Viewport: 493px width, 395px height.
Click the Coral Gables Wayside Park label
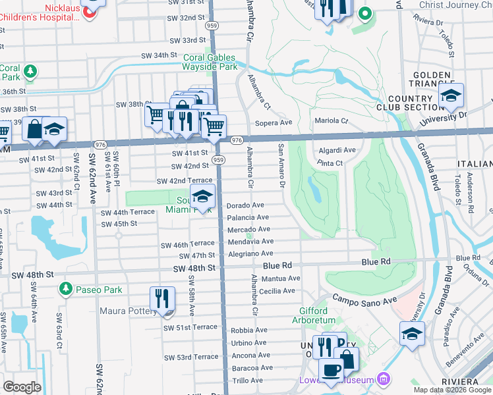[x=210, y=62]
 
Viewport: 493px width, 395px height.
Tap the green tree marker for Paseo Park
[x=65, y=289]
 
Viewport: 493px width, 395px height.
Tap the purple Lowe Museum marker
[x=383, y=379]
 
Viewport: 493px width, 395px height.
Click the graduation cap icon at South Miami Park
[x=203, y=196]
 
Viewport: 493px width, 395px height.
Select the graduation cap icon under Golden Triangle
[x=451, y=95]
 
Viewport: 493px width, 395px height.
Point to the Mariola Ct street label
[x=331, y=121]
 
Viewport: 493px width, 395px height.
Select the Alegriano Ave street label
[x=250, y=253]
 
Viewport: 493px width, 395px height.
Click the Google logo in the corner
[x=22, y=387]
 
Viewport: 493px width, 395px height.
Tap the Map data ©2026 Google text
[x=452, y=390]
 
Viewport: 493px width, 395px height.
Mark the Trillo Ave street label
[x=248, y=381]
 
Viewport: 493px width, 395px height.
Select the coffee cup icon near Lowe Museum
[x=332, y=370]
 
